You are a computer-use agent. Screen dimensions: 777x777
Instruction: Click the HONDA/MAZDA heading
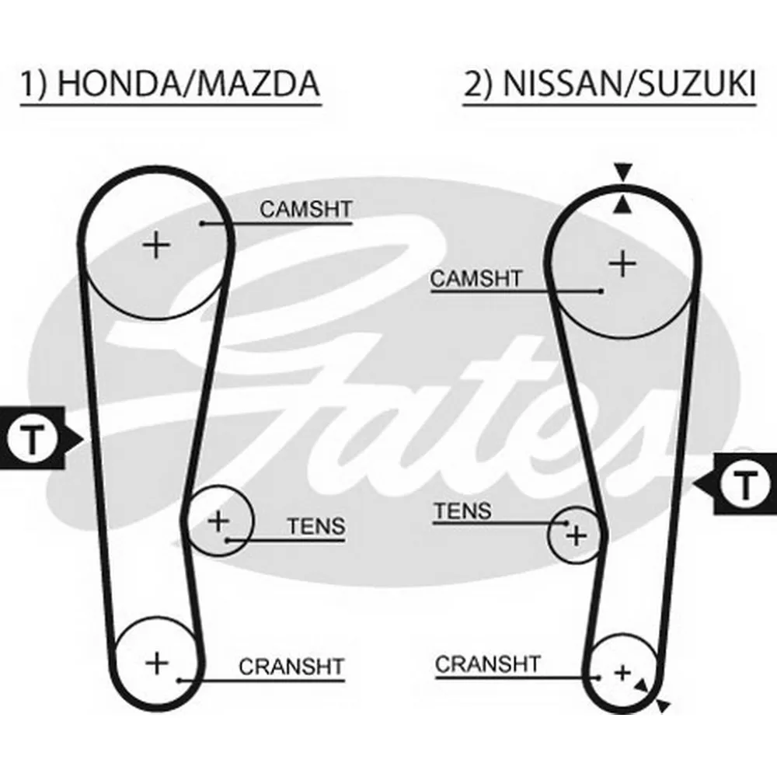pos(188,83)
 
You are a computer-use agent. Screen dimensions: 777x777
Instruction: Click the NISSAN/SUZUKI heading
pos(629,83)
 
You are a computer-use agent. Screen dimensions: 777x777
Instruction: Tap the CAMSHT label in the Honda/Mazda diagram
pos(305,209)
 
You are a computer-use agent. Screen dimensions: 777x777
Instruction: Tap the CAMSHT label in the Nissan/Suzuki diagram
pos(476,278)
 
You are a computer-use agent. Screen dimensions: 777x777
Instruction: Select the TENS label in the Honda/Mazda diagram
pos(316,526)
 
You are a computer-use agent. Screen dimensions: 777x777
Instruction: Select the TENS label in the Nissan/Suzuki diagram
pos(463,511)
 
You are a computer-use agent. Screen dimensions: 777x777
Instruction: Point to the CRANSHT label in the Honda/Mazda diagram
pos(291,667)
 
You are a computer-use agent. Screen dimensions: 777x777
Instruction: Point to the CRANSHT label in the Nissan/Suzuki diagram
pos(488,664)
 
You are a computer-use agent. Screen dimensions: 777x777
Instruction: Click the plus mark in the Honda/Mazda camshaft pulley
pos(156,245)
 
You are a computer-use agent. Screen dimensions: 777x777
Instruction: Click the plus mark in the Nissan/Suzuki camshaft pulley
pos(622,263)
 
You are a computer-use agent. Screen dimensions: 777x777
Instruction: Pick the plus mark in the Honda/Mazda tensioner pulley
pos(218,521)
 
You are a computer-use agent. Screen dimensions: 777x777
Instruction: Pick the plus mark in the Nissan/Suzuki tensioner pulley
pos(577,535)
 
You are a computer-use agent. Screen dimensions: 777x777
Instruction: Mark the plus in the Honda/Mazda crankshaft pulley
pos(157,663)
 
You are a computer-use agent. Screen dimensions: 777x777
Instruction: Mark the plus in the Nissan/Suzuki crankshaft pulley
pos(622,673)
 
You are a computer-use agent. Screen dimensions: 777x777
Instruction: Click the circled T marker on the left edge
pos(33,438)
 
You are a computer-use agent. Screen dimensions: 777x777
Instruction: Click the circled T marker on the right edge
pos(744,483)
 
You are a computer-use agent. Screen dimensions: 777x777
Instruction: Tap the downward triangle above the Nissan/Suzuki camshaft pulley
pos(623,172)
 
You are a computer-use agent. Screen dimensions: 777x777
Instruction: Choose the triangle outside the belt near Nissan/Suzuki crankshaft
pos(663,706)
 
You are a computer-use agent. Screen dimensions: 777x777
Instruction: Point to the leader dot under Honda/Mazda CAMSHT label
pos(202,224)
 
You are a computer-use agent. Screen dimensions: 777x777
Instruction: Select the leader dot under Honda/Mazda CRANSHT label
pos(180,681)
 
